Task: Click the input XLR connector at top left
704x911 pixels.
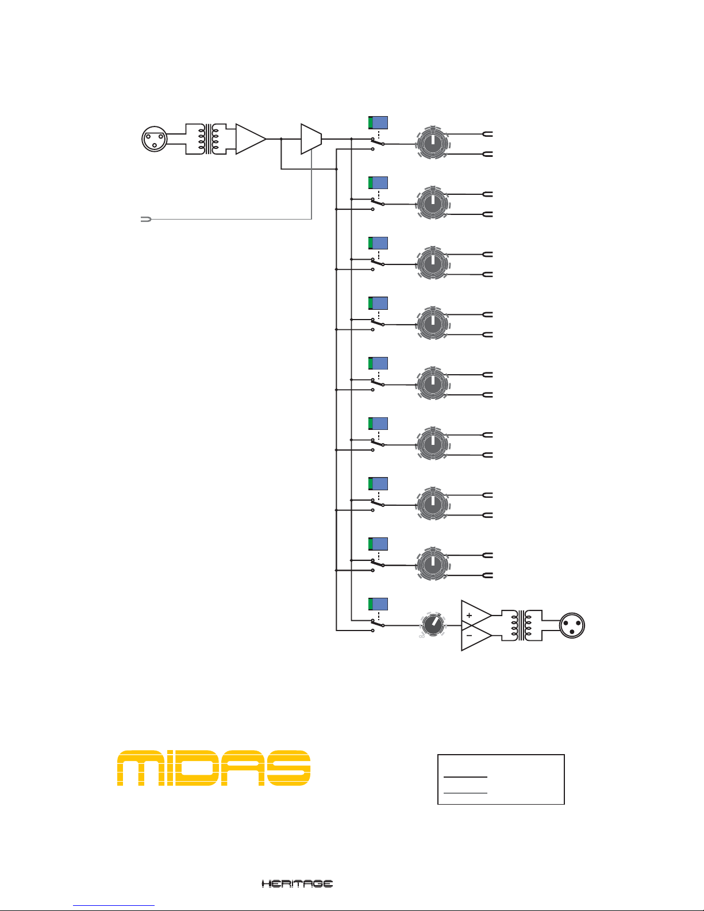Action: tap(155, 139)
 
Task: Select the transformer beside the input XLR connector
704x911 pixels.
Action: tap(207, 139)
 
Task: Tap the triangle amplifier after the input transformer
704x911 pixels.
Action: tap(250, 139)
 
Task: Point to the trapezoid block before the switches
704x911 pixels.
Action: tap(311, 139)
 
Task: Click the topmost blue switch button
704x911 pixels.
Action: tap(378, 122)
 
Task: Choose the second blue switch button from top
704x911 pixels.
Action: tap(378, 183)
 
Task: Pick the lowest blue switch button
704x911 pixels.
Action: tap(378, 604)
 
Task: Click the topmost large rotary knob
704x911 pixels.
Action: tap(432, 144)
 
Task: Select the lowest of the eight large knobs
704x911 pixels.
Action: tap(432, 565)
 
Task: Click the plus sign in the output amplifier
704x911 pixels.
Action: tap(470, 616)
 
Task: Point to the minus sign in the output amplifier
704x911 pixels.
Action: tap(470, 636)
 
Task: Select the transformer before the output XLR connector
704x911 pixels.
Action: tap(522, 625)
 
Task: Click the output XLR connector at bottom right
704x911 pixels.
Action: tap(572, 625)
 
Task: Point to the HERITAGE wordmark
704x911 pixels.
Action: tap(297, 883)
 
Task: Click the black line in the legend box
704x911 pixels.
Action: tap(466, 777)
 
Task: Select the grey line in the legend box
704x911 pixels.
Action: tap(466, 793)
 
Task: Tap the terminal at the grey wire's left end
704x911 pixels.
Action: tap(145, 220)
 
